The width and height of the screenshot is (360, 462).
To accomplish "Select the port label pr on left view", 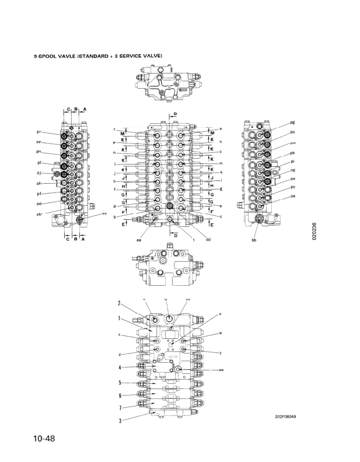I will [39, 133].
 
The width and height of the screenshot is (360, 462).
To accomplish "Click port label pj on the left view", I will [39, 174].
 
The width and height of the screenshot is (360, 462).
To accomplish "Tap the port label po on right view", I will [292, 132].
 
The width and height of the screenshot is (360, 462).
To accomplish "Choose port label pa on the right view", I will [292, 196].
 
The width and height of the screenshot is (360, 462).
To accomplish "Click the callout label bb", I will [254, 239].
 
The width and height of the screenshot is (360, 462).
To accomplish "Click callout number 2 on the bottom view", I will [119, 303].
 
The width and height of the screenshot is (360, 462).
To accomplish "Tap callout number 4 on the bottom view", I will [119, 367].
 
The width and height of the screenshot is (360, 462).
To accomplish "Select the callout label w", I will [221, 334].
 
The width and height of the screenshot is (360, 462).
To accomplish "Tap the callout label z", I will [119, 354].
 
